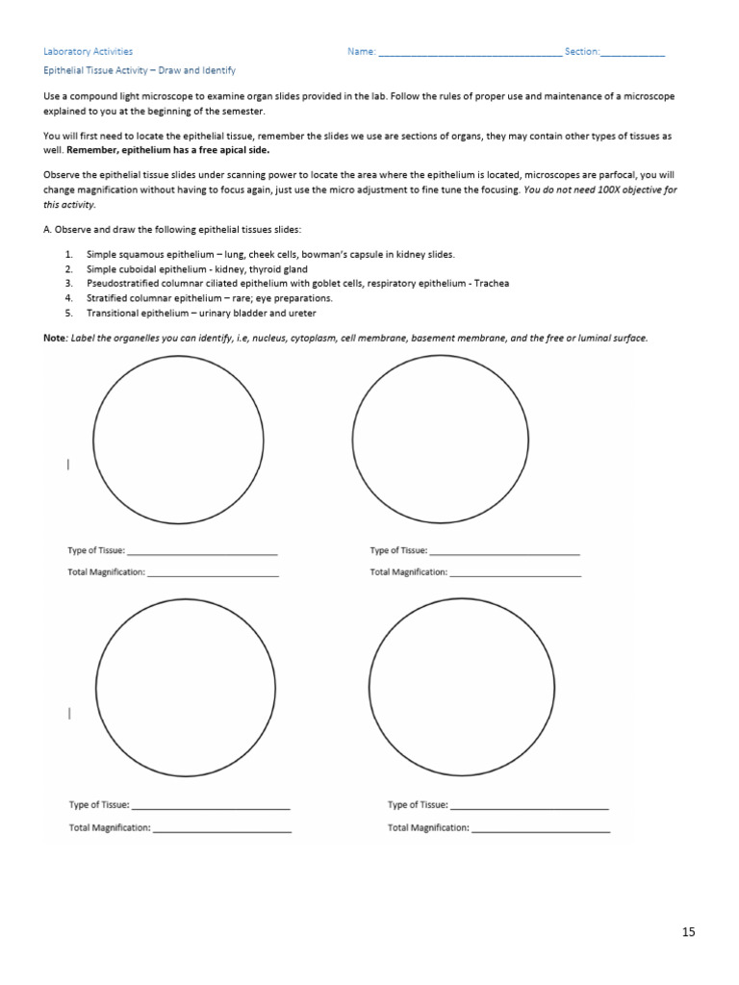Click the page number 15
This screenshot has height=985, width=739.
[x=688, y=931]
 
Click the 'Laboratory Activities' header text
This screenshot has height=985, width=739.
[x=89, y=52]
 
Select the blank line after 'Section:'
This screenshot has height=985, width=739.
[x=632, y=54]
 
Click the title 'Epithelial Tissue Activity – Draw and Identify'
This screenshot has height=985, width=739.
[x=140, y=71]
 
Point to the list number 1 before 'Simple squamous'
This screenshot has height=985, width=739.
[x=69, y=254]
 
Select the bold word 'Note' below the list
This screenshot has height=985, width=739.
[x=55, y=338]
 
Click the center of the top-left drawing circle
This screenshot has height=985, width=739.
[x=178, y=439]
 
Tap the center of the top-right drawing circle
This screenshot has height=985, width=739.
[x=440, y=439]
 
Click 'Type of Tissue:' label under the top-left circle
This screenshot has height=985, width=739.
[x=96, y=551]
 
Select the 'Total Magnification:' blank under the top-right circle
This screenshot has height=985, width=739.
[x=515, y=573]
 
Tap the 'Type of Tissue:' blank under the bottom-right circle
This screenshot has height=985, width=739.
[x=528, y=807]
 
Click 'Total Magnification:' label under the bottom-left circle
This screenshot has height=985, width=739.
[x=110, y=828]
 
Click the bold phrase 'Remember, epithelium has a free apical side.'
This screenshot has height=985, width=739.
[x=167, y=151]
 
